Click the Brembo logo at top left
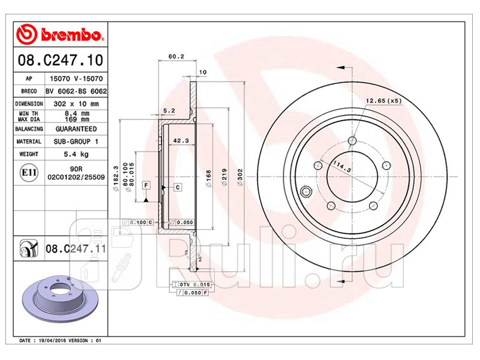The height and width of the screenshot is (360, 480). coord(60,35)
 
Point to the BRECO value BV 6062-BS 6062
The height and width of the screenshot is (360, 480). coord(76,91)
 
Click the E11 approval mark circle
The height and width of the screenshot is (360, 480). coord(28,173)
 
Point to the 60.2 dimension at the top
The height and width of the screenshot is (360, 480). coord(175,57)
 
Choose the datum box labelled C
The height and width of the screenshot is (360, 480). coord(179,187)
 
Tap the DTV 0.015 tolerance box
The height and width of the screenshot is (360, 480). coord(194,283)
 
